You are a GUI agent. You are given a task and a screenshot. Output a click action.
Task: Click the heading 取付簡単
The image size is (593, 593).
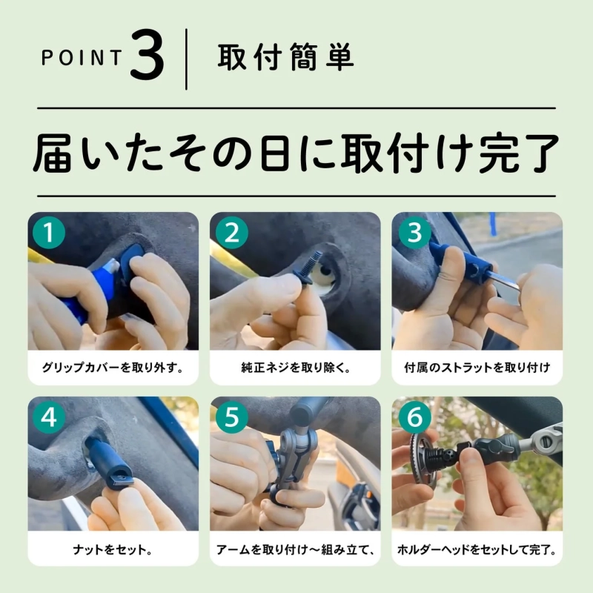(285, 59)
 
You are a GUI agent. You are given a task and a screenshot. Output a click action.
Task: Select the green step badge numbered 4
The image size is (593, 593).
(48, 417)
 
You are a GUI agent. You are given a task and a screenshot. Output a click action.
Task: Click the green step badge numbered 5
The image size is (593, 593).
(231, 417)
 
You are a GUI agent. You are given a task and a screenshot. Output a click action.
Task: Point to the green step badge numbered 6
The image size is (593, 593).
(414, 417)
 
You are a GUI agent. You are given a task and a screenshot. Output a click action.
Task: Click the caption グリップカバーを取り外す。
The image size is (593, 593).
(113, 367)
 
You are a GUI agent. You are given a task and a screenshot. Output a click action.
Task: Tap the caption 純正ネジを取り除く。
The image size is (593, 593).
(296, 367)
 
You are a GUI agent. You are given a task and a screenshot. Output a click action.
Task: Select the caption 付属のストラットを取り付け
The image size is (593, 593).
(477, 367)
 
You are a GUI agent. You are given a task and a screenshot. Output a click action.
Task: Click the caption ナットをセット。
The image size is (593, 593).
(113, 551)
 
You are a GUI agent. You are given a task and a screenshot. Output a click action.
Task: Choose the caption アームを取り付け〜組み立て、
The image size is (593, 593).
(296, 551)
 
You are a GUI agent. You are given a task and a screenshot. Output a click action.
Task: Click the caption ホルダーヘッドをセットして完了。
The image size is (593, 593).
(477, 551)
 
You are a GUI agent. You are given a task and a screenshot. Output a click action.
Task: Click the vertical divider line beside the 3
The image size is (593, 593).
(186, 59)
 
